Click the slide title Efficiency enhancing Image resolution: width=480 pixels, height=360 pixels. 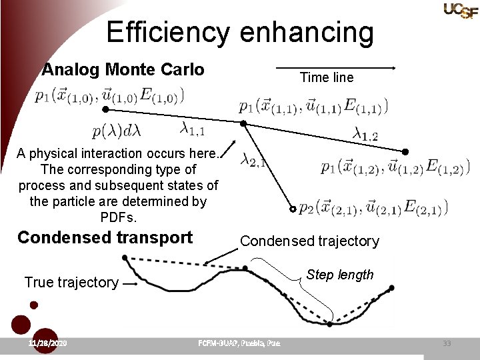point(240,32)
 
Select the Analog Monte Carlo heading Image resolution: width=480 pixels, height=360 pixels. point(123,69)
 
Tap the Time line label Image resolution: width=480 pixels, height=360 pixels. point(327,77)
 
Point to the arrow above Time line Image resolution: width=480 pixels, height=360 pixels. point(336,67)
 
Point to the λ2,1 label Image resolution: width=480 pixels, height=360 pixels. point(254,160)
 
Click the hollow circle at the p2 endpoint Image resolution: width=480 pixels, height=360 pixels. point(292,209)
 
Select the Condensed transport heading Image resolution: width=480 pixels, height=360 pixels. point(105,237)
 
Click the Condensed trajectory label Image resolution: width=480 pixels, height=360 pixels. point(309,241)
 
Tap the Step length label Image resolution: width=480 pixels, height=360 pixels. point(340,275)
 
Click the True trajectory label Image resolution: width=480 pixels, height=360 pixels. point(71,282)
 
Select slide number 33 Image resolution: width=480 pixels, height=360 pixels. point(447,343)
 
